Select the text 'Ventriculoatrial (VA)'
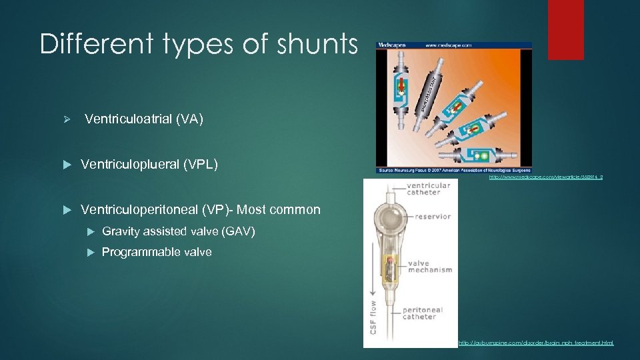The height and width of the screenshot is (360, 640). (x=144, y=119)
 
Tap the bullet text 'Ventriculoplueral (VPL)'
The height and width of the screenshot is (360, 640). (x=149, y=164)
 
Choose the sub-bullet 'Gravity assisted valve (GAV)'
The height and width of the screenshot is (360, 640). (x=178, y=231)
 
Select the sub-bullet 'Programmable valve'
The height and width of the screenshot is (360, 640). (x=157, y=252)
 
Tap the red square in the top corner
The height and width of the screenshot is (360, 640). (x=565, y=21)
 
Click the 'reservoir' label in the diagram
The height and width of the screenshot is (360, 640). (x=433, y=216)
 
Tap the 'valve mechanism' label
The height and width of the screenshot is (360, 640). (x=430, y=267)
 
